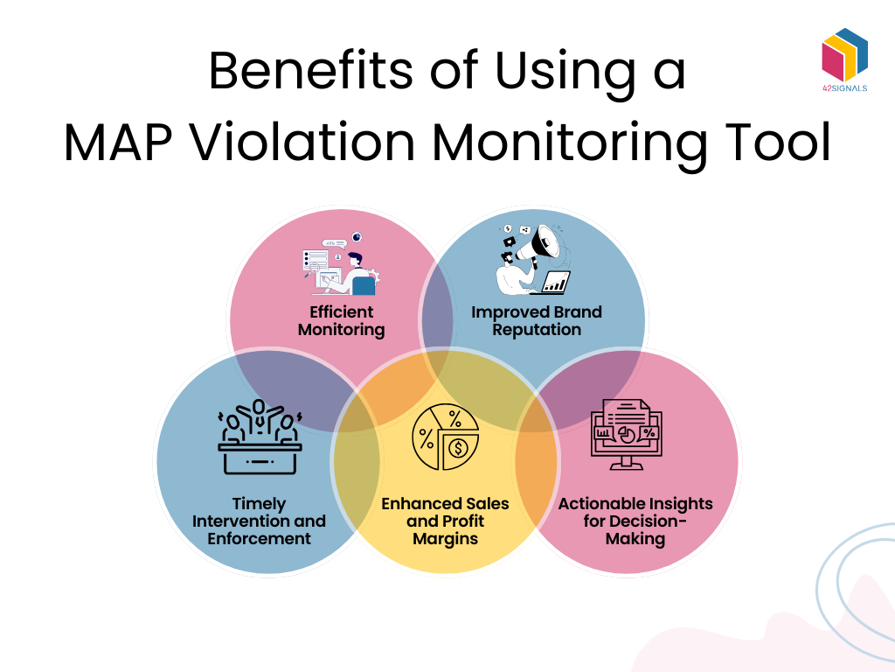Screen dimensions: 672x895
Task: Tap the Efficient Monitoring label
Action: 341,321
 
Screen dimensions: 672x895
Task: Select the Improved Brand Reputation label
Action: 536,321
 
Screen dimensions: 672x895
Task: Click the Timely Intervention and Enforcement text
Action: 259,521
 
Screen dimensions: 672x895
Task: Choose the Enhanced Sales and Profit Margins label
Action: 445,521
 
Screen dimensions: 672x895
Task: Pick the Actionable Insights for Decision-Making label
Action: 635,521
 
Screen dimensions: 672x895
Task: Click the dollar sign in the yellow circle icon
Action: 457,449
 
